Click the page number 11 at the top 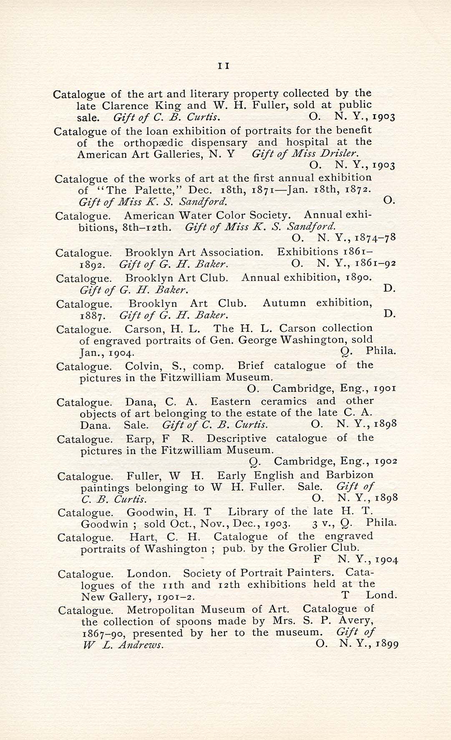[224, 66]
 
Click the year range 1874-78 [375, 238]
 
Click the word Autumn [284, 303]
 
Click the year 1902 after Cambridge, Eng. [386, 462]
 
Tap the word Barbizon [350, 475]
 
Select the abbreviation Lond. [381, 595]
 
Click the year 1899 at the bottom [387, 644]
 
